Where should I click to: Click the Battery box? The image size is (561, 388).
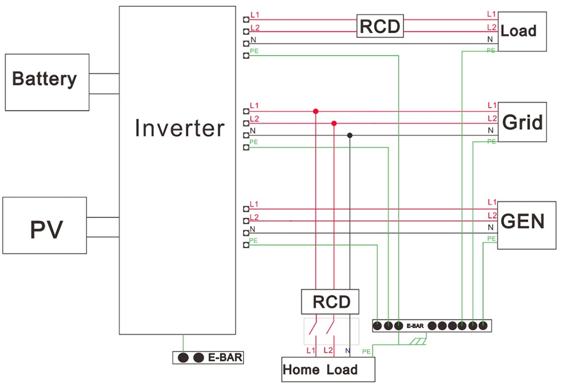pyautogui.click(x=47, y=82)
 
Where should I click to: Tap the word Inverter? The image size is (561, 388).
pyautogui.click(x=180, y=128)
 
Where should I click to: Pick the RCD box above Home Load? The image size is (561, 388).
pyautogui.click(x=331, y=302)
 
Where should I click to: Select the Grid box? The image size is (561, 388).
pyautogui.click(x=522, y=122)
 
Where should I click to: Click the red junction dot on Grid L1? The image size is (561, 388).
pyautogui.click(x=316, y=111)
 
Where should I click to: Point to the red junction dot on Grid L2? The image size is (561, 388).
pyautogui.click(x=334, y=123)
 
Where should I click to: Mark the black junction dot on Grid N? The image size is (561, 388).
pyautogui.click(x=350, y=135)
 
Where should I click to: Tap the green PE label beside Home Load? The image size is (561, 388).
pyautogui.click(x=366, y=352)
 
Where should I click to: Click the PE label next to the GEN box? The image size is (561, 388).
pyautogui.click(x=491, y=238)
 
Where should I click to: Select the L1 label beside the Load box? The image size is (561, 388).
pyautogui.click(x=491, y=14)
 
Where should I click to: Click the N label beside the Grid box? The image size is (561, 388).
pyautogui.click(x=491, y=130)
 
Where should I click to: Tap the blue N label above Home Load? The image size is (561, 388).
pyautogui.click(x=348, y=351)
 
